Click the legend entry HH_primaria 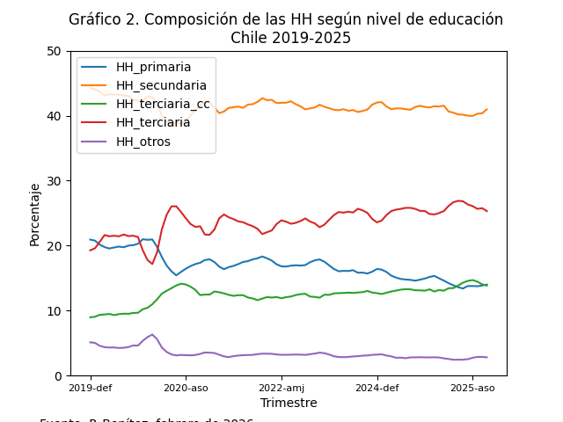(153, 67)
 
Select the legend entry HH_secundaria (161, 85)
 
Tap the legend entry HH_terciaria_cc (163, 104)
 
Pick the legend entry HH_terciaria (153, 122)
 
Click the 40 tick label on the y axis (58, 116)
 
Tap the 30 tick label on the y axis (58, 181)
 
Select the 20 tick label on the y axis (58, 246)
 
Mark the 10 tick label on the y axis (58, 311)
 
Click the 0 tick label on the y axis (62, 376)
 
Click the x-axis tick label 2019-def (90, 387)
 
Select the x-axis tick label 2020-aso (186, 387)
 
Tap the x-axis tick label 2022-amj (281, 387)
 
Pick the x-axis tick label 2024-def (377, 387)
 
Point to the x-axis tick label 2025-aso (472, 387)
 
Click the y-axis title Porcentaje (35, 214)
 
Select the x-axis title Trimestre (289, 403)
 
